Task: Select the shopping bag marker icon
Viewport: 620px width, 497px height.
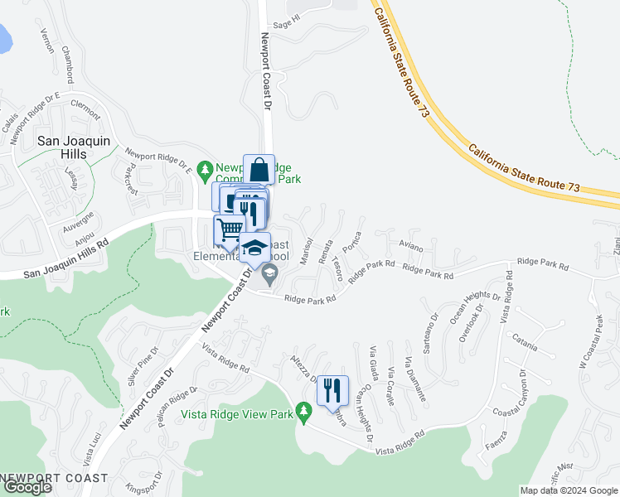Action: point(259,169)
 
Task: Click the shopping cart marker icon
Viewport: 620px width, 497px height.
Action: point(230,229)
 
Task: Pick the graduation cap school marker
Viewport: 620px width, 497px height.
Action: point(255,247)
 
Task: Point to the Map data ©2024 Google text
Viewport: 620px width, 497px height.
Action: point(569,490)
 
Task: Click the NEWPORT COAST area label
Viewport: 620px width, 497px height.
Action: point(55,478)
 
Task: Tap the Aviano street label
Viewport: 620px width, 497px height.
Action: point(410,247)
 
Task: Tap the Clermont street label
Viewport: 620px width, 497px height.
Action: point(85,104)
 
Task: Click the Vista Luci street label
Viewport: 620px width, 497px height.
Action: point(87,452)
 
